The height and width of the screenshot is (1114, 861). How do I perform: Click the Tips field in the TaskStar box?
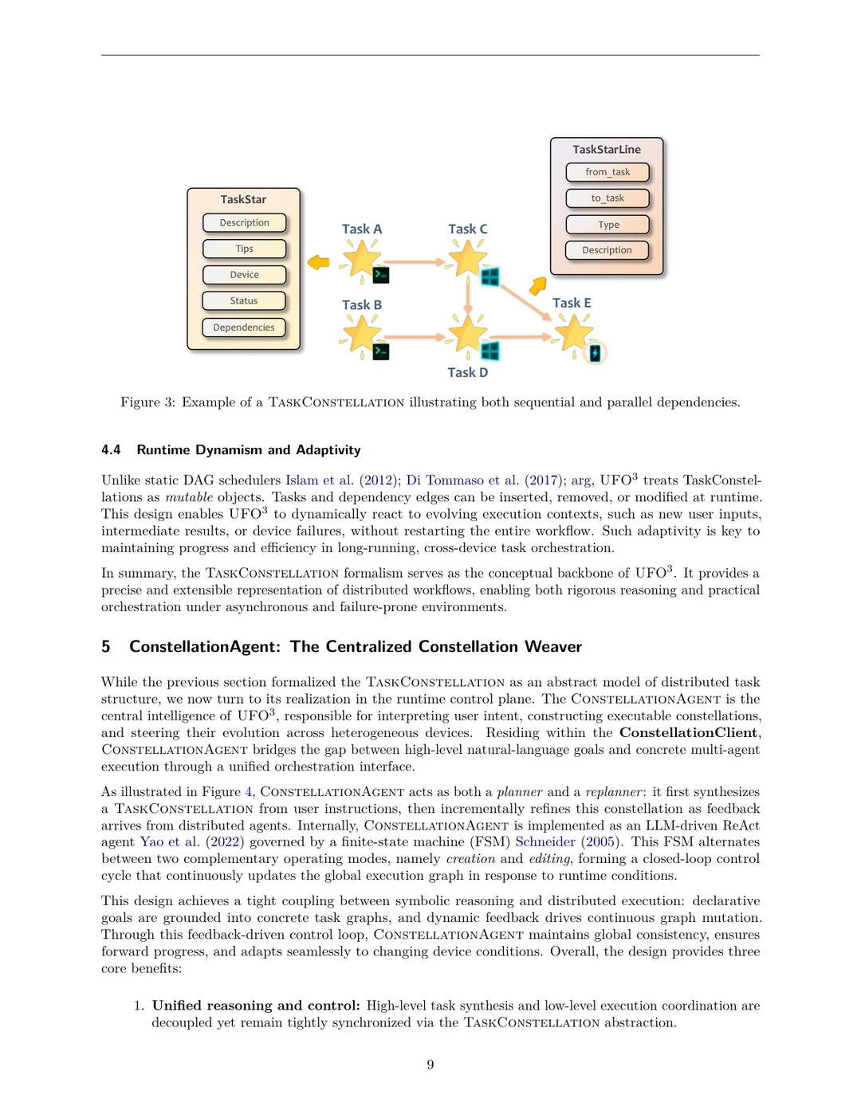(x=244, y=249)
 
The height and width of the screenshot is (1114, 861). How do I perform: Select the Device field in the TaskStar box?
(x=244, y=275)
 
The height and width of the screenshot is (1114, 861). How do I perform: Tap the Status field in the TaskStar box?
(x=244, y=301)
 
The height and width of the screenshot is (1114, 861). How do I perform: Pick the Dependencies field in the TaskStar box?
(x=244, y=328)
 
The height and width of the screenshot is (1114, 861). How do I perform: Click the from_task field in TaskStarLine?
(x=607, y=172)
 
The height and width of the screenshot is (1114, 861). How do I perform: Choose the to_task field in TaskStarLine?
(x=607, y=198)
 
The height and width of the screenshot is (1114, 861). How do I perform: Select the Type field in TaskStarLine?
(x=607, y=225)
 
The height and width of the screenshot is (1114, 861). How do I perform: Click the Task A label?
(x=362, y=229)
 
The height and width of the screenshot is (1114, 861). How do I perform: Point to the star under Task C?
(x=467, y=259)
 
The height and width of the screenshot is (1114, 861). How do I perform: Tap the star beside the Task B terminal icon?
(x=362, y=334)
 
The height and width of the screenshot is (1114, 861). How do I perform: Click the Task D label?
(x=467, y=372)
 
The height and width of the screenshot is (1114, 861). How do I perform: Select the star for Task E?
(x=574, y=333)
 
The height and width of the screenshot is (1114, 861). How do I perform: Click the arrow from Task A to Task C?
(x=415, y=261)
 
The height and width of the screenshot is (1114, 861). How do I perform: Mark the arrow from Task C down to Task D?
(x=468, y=296)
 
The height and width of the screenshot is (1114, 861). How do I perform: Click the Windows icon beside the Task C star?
(x=490, y=277)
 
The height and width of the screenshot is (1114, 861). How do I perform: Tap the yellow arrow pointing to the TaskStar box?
(x=319, y=262)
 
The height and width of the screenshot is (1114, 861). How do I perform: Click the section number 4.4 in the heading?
(x=111, y=450)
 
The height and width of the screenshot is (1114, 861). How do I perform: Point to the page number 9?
(x=431, y=1065)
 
